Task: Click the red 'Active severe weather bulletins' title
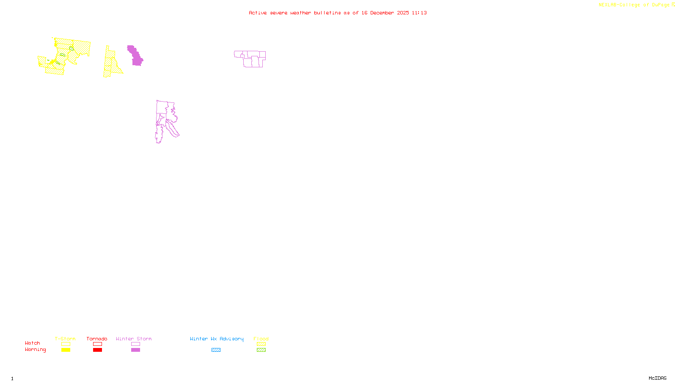pyautogui.click(x=338, y=13)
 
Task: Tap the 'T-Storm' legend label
pyautogui.click(x=65, y=339)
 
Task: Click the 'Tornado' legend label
pyautogui.click(x=97, y=339)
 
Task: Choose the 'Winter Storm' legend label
pyautogui.click(x=134, y=339)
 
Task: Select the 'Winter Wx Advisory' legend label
pyautogui.click(x=217, y=339)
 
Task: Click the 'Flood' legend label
pyautogui.click(x=261, y=339)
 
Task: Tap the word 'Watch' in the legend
pyautogui.click(x=33, y=343)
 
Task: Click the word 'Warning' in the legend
pyautogui.click(x=35, y=350)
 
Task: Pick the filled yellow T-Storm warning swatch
pyautogui.click(x=66, y=350)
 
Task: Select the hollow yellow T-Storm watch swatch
pyautogui.click(x=66, y=344)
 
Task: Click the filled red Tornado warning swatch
pyautogui.click(x=97, y=350)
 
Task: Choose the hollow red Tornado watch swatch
pyautogui.click(x=97, y=344)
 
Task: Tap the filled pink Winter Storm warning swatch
pyautogui.click(x=135, y=350)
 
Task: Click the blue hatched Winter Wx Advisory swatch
pyautogui.click(x=216, y=350)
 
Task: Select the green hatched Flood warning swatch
pyautogui.click(x=261, y=350)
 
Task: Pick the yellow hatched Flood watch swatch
pyautogui.click(x=261, y=344)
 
